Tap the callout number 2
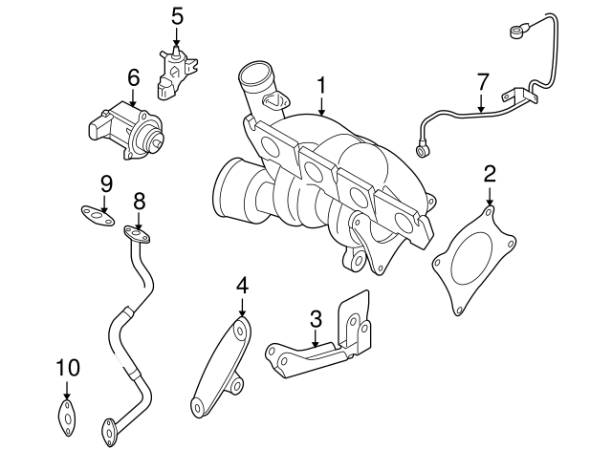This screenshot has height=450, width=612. (490, 173)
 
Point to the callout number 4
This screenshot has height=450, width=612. (242, 284)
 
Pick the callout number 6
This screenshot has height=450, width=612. (133, 76)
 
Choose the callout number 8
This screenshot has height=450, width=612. (139, 201)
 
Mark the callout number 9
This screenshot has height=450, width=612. (106, 182)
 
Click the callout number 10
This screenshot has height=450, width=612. (67, 368)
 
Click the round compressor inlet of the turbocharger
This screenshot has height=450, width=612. (229, 192)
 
